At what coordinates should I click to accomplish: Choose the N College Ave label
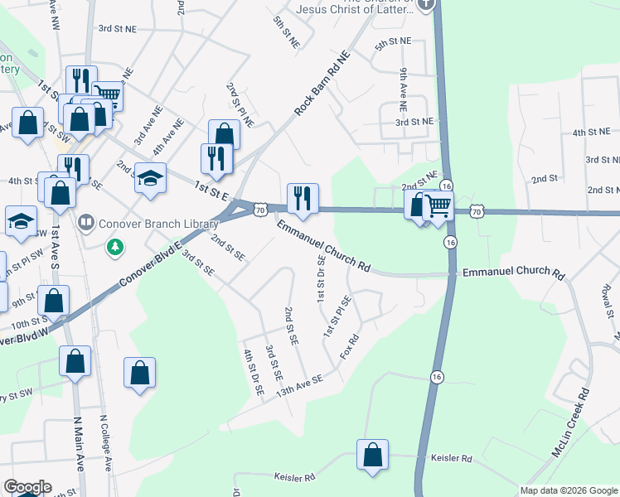104,443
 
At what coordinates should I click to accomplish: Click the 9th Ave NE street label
403,89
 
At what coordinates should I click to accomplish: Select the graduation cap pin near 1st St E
150,180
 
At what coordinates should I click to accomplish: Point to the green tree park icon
115,246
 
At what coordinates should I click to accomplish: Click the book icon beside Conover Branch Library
85,223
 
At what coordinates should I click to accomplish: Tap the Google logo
27,487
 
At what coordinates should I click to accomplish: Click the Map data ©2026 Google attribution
569,490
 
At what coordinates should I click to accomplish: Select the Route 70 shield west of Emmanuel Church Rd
260,210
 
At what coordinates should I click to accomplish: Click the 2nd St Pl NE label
240,104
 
